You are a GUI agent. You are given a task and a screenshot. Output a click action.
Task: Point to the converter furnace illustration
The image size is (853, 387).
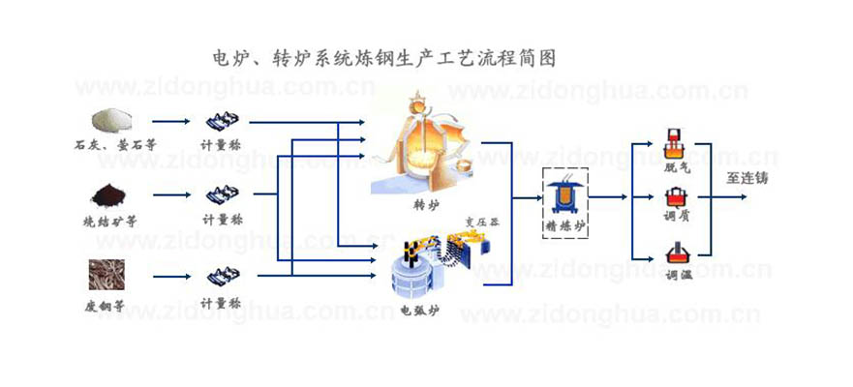pyautogui.click(x=422, y=146)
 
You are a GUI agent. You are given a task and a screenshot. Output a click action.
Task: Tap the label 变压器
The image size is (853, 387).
pyautogui.click(x=482, y=220)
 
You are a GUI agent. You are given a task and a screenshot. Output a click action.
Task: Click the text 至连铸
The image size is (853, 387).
pyautogui.click(x=747, y=178)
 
